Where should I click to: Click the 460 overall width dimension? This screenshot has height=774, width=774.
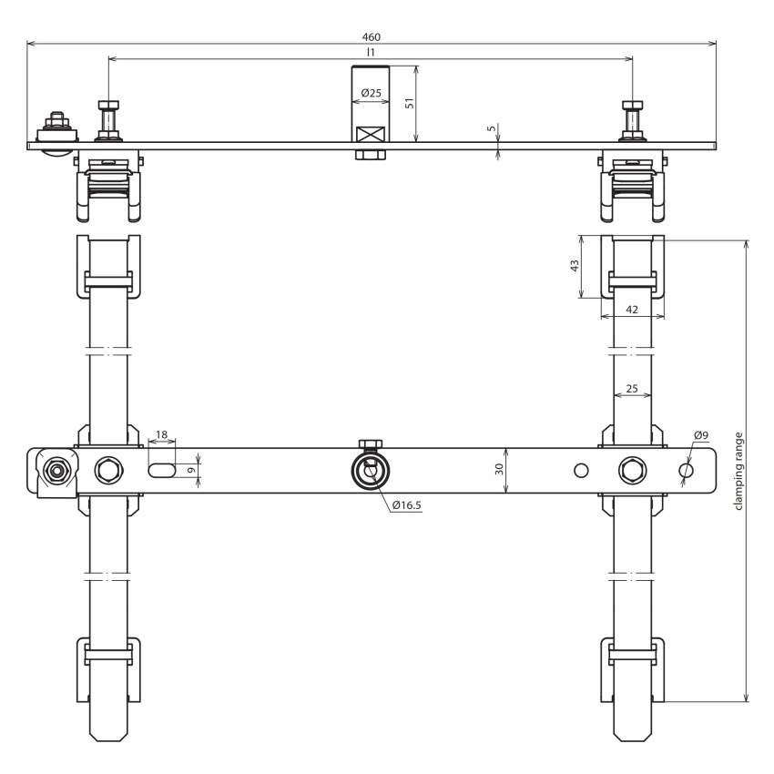(x=372, y=37)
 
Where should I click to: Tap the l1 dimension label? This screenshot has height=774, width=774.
(x=371, y=52)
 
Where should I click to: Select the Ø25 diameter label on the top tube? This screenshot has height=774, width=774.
(x=372, y=93)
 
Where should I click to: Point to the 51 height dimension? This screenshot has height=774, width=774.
(x=410, y=103)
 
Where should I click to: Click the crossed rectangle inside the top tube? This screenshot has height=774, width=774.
(x=371, y=135)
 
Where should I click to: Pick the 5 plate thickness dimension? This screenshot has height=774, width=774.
(x=491, y=128)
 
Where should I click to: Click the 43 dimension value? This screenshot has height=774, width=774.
(x=575, y=266)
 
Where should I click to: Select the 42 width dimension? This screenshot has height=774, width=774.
(x=632, y=310)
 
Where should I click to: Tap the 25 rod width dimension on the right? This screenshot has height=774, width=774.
(x=632, y=389)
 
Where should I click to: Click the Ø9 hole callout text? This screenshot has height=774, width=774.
(x=701, y=435)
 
